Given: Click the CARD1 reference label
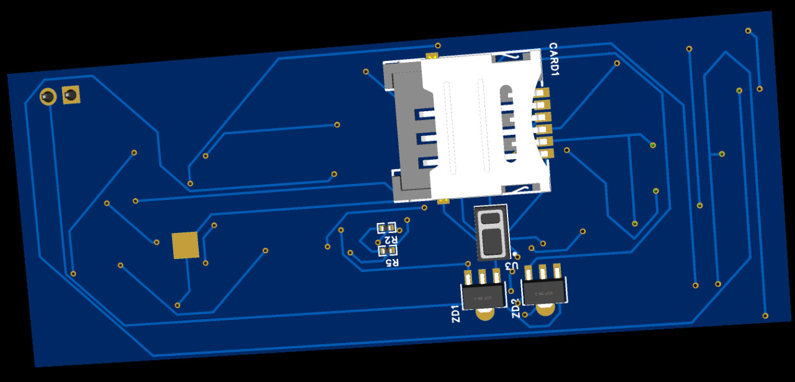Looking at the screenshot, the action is (x=554, y=60).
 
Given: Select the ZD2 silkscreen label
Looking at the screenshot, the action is (x=516, y=309).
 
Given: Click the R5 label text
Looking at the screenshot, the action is (x=392, y=262).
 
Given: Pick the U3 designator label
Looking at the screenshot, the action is (x=512, y=264).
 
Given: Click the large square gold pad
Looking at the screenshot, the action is (x=185, y=245).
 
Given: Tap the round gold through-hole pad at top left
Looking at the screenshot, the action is (x=48, y=97).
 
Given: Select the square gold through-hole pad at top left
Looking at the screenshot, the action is (x=71, y=95).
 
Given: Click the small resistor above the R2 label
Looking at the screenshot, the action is (x=387, y=228).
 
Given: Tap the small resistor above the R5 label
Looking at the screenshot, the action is (x=388, y=250).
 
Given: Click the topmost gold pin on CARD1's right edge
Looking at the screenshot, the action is (x=542, y=93).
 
